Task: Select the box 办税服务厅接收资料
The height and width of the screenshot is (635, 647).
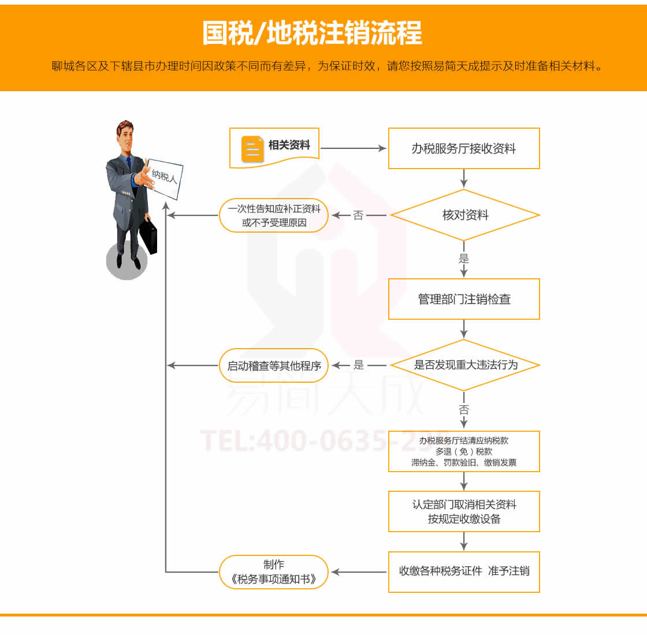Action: [x=463, y=148]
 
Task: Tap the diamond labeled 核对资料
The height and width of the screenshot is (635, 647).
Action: [x=464, y=215]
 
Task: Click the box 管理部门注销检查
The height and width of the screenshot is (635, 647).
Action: [x=463, y=299]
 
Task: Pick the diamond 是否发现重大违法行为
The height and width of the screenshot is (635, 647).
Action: [x=465, y=365]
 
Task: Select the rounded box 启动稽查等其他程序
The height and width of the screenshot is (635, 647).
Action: [x=274, y=365]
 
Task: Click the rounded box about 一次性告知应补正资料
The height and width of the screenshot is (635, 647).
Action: [x=274, y=215]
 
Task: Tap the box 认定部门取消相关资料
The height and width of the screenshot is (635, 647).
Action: [x=463, y=511]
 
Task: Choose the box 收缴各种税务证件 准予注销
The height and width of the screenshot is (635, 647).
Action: [x=463, y=571]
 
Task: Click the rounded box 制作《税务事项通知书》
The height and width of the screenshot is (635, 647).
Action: [x=274, y=572]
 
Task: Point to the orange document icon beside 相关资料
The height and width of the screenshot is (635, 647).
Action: [x=252, y=148]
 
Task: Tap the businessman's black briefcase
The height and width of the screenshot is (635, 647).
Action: [x=148, y=235]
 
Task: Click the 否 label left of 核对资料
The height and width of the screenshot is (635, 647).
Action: [x=358, y=215]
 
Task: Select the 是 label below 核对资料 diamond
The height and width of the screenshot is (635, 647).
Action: [x=464, y=259]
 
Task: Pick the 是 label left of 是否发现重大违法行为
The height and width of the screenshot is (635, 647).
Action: [x=359, y=365]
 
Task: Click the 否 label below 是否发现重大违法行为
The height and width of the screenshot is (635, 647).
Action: [x=464, y=410]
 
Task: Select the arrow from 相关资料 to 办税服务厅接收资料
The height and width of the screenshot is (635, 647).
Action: [x=352, y=148]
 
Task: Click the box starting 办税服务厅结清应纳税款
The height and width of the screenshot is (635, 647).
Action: [x=463, y=451]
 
